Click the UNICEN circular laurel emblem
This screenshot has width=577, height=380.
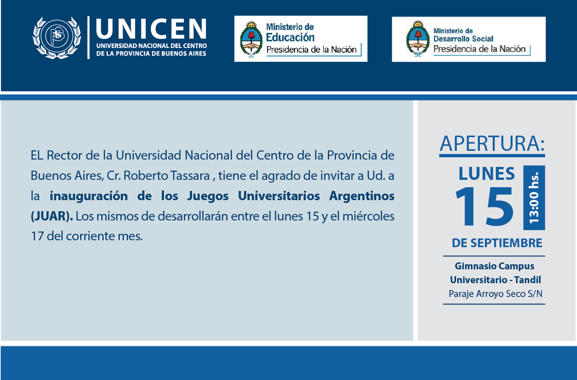tap(57, 38)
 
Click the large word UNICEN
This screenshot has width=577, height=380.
tap(152, 29)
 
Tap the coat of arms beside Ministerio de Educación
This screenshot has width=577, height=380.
tap(251, 40)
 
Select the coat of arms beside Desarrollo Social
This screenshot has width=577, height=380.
tap(418, 38)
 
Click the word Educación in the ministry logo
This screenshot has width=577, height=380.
tap(290, 38)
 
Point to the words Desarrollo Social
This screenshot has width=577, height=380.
tap(463, 39)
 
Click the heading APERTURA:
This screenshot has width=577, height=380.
tap(492, 143)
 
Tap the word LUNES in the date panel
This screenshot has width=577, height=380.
tap(487, 173)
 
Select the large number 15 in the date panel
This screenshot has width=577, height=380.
tap(484, 207)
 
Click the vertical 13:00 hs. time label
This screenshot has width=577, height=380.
tap(534, 198)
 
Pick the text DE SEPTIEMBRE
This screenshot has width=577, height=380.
tap(497, 243)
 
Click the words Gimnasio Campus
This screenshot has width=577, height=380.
tap(495, 266)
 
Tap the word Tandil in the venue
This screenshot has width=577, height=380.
tap(528, 279)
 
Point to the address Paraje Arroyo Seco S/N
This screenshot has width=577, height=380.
tap(495, 294)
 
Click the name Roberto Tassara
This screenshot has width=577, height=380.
tap(166, 176)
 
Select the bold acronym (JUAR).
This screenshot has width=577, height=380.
tap(52, 216)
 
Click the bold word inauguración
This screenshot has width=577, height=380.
tap(88, 196)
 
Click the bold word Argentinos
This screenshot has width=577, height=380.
tap(361, 196)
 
